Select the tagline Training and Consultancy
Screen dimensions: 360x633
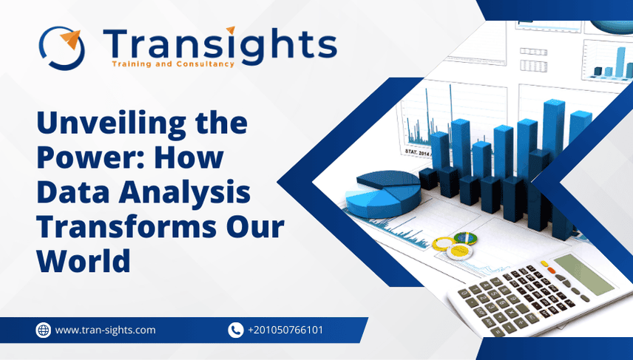[x=172, y=64]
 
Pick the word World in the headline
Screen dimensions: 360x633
[x=84, y=261]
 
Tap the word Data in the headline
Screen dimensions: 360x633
[x=71, y=193]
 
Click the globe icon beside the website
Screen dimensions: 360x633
[x=43, y=330]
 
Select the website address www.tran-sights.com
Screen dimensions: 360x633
[x=105, y=330]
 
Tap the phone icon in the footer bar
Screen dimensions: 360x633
[x=236, y=330]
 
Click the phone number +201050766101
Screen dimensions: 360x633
[x=285, y=330]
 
